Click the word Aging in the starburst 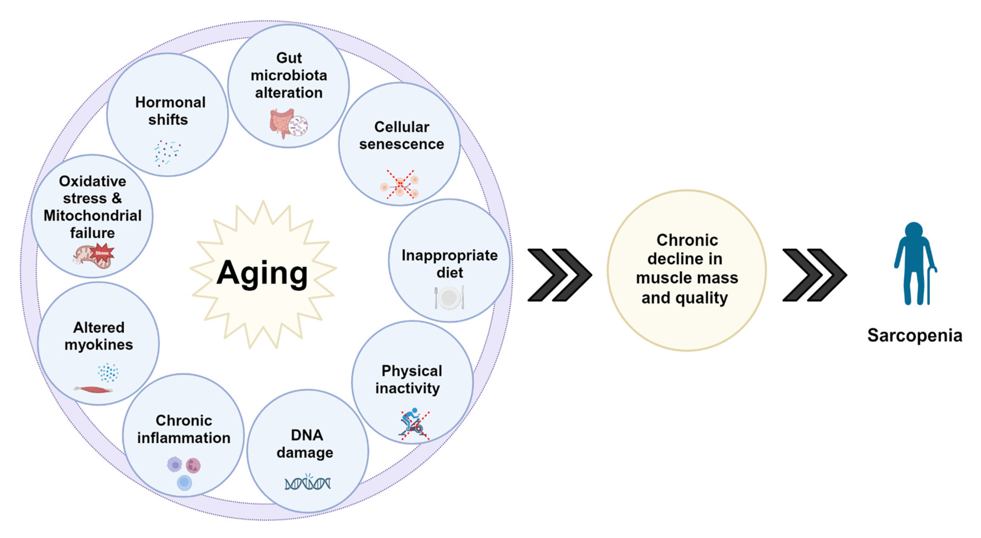tap(262, 273)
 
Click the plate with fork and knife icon tap(449, 297)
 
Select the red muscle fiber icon tap(94, 389)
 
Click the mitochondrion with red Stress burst tap(94, 256)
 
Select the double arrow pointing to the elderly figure tap(815, 275)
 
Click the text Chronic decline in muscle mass tap(687, 269)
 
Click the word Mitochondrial tap(93, 215)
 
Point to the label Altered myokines tap(99, 336)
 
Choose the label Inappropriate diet tap(449, 263)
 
